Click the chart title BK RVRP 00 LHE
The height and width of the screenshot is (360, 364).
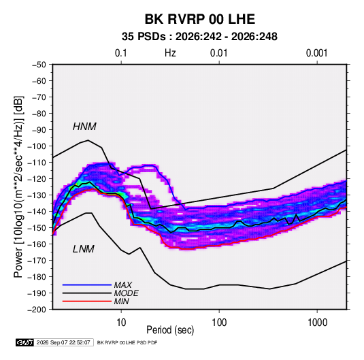click(200, 19)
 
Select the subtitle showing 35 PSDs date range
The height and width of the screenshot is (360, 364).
click(199, 37)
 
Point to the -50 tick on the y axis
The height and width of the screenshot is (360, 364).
click(39, 65)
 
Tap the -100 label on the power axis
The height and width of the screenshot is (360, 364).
click(37, 146)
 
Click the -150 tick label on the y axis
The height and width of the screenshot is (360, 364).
click(37, 228)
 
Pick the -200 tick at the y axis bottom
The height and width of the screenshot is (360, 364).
click(37, 310)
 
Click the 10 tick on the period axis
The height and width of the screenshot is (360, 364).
click(121, 322)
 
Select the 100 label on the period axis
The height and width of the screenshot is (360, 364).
click(219, 322)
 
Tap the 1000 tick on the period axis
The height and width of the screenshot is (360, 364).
click(317, 322)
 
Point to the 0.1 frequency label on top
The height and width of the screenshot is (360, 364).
click(121, 53)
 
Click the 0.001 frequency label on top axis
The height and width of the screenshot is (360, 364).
click(317, 53)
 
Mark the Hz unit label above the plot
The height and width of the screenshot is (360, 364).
click(170, 53)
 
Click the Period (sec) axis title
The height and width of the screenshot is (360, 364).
click(170, 330)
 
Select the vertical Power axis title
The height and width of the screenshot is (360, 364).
click(18, 186)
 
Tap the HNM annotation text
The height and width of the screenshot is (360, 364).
click(84, 127)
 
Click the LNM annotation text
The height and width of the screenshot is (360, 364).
click(84, 249)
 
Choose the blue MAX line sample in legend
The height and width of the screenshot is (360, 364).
click(87, 285)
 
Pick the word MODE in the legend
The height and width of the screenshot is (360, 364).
click(127, 293)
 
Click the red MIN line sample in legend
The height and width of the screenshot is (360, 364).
click(87, 301)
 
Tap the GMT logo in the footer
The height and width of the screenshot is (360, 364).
click(24, 342)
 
